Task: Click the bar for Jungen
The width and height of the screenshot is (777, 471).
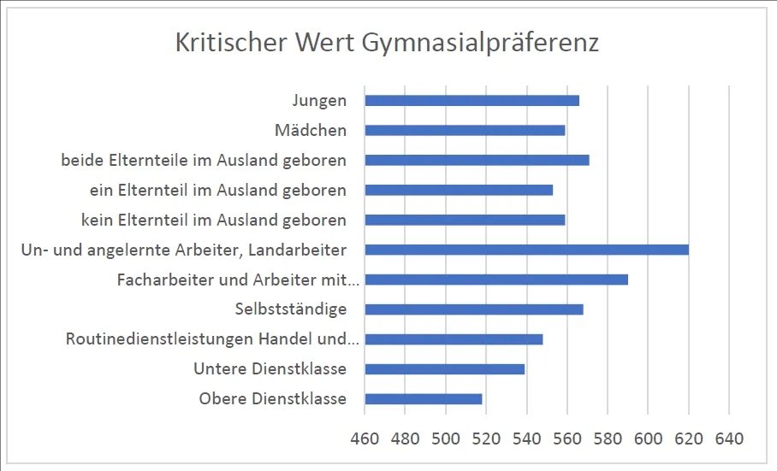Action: coord(472,101)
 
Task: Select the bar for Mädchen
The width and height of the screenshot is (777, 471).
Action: coord(465,131)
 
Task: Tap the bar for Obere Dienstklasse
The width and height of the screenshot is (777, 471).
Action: coord(424,399)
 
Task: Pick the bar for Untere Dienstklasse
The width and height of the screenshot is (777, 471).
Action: coord(444,369)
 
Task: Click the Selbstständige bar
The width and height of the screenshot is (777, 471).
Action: coord(474,309)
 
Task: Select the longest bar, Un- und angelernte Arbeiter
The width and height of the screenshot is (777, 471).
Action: coord(526,250)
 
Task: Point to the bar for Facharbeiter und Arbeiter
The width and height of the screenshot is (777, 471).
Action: coord(496,280)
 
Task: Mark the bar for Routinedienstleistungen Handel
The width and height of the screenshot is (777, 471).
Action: coord(454,339)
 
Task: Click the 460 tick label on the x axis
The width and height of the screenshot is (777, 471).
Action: coord(365,439)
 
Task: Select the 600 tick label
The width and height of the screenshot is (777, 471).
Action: coord(648,439)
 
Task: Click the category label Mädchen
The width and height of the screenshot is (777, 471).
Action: coord(311,131)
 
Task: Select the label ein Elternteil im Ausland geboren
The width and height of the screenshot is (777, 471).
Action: coord(218,190)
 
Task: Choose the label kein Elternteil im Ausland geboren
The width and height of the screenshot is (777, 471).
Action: coord(214,220)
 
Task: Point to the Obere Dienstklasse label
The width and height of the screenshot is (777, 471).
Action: coord(272,399)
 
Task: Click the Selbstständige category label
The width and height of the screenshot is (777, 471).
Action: coord(290,309)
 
